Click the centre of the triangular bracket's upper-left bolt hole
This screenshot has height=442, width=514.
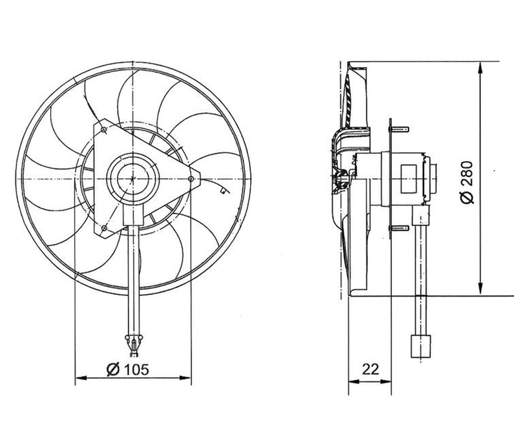pos(103,130)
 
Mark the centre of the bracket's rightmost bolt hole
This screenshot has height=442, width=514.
pos(191,179)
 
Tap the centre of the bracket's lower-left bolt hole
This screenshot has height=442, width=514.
pos(104,227)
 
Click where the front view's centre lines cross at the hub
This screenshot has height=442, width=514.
pos(133,179)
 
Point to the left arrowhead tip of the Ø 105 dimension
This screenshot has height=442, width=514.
pos(76,378)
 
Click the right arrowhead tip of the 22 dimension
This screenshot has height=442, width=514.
pos(392,381)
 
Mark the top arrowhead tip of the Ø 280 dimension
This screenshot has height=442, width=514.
pos(480,62)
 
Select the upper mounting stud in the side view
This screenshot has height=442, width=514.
pos(399,129)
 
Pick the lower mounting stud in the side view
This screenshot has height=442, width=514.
pos(399,228)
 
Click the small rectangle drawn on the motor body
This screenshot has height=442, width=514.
pos(409,179)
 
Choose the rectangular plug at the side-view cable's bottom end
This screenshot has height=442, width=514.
pos(420,346)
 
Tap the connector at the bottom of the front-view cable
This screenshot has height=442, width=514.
pos(133,345)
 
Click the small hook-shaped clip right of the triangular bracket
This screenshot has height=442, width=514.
pos(223,190)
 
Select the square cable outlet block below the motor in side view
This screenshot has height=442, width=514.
pos(421,215)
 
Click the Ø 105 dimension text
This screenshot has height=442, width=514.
pos(128,370)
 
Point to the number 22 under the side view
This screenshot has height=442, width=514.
pos(370,369)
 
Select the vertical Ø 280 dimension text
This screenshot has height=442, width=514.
pos(467,182)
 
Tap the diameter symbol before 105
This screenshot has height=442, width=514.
pos(113,370)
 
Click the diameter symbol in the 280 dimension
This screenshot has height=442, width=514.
pos(467,198)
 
